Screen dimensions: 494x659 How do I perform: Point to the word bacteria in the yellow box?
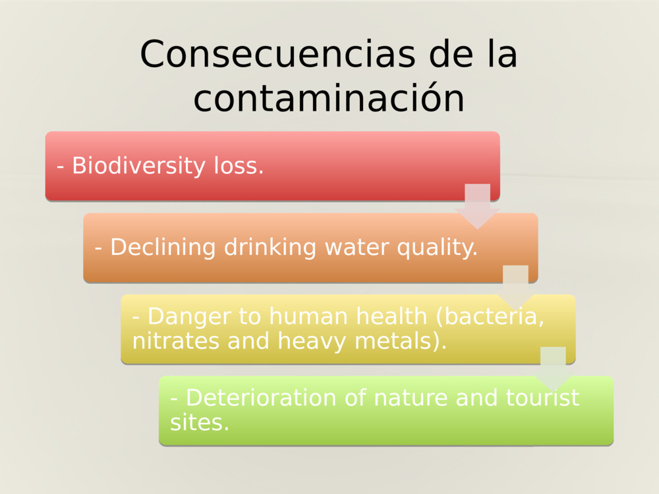pyautogui.click(x=490, y=317)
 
